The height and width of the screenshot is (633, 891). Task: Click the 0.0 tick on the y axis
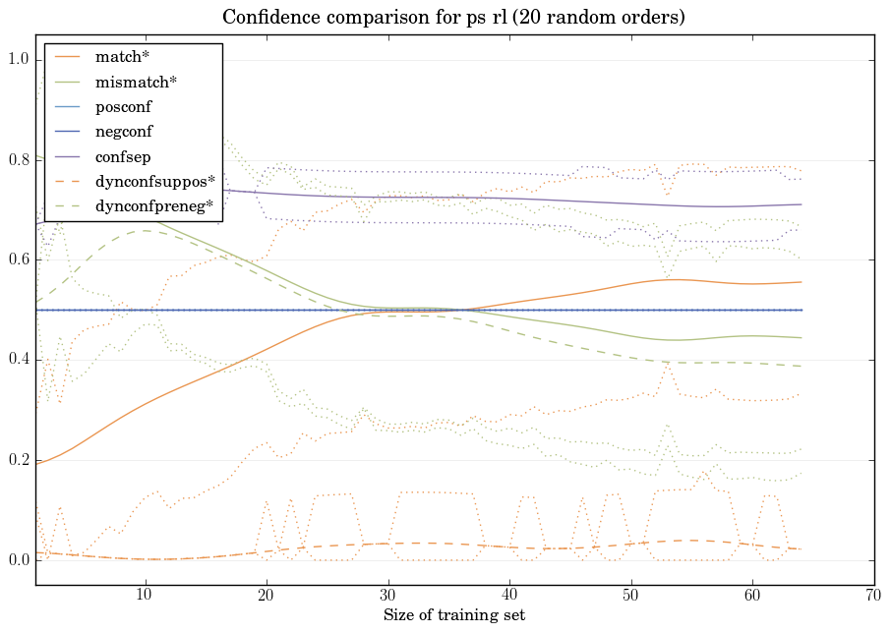[19, 560]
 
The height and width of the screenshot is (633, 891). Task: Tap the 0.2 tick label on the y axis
[19, 460]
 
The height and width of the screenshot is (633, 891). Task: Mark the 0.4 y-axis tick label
[19, 360]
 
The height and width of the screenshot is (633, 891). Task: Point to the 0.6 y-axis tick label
[19, 259]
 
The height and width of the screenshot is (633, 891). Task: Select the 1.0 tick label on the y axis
[19, 60]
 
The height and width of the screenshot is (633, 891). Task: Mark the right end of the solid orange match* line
[802, 282]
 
